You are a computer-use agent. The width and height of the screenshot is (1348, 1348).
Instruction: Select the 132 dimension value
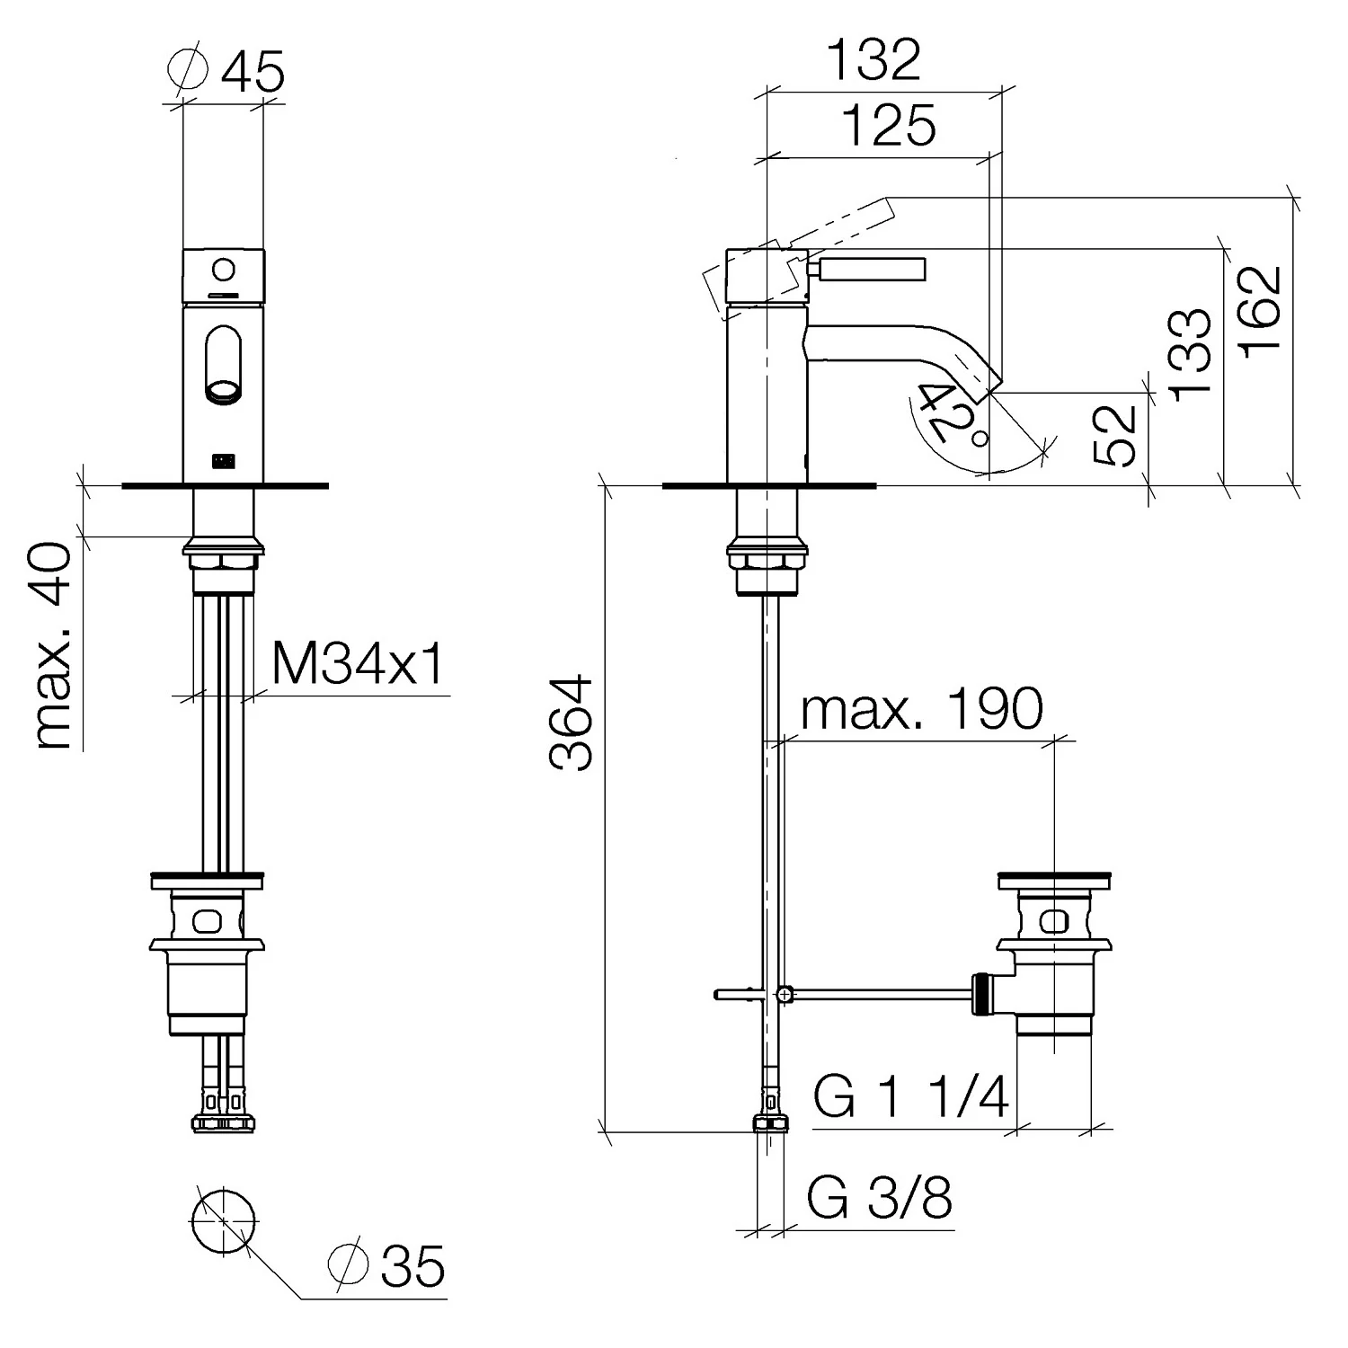coord(874,59)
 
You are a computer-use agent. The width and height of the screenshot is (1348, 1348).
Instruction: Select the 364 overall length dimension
coord(572,723)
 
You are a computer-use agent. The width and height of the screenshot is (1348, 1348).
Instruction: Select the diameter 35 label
coord(387,1266)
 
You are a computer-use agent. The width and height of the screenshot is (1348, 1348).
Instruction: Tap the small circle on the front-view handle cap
coord(225,268)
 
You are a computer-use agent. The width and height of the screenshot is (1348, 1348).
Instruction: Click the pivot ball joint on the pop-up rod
coord(785,994)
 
